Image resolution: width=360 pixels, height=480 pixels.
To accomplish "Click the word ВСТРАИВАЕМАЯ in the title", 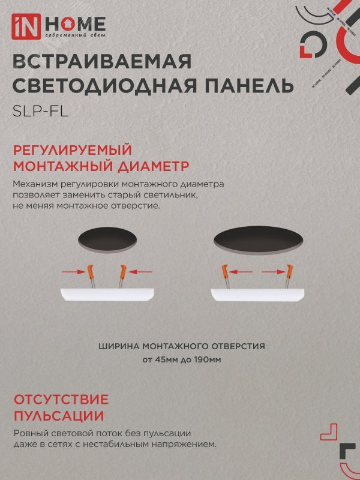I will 101,62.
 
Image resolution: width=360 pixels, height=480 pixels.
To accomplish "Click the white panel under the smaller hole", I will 109,293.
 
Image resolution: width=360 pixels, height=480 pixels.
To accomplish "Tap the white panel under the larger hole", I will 259,293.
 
